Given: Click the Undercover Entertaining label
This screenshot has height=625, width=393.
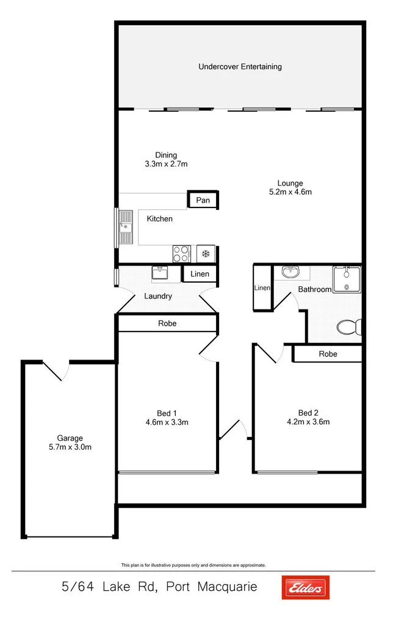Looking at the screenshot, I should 240,67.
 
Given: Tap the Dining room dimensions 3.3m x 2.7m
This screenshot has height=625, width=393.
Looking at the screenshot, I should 165,164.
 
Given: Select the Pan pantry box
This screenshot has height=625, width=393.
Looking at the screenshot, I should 203,200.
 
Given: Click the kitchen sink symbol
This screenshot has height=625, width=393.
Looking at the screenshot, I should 126,227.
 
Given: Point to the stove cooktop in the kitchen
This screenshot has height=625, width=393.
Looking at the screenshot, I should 182,253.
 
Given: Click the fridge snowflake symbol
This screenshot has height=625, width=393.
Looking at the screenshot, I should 206,253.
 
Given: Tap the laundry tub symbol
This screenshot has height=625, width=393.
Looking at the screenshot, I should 160,273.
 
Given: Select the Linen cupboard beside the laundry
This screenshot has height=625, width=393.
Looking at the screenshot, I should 200,274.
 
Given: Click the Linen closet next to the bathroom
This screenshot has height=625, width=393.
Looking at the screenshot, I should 262,288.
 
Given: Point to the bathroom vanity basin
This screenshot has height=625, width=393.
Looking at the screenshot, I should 291,272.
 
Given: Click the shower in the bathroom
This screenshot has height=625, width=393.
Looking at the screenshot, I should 347,280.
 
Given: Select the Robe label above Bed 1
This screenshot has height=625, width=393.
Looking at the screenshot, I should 167,323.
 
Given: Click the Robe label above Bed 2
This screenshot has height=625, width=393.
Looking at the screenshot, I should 328,354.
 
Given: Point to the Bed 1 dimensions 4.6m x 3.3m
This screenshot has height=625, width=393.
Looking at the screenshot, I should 167,422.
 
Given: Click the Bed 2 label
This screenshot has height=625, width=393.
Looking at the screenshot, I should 308,413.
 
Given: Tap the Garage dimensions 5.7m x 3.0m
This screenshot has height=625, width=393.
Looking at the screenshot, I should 70,447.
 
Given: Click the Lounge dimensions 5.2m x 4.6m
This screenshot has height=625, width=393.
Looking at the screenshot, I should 290,192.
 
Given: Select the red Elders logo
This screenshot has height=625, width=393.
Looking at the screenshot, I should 305,587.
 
